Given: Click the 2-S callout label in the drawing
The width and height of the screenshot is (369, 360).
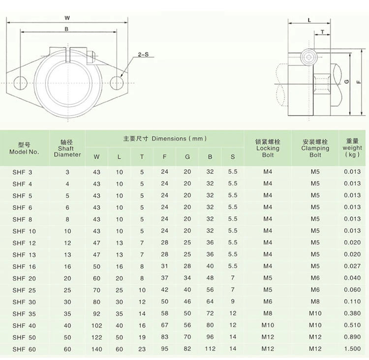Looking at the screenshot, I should point(144,55).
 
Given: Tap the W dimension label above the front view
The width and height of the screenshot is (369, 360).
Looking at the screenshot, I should point(67,18).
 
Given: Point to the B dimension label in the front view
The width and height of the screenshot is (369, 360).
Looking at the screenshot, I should point(66,29).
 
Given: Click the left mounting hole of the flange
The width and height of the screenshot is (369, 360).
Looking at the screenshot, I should point(21,81).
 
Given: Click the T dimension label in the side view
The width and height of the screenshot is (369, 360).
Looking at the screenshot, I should point(322,32).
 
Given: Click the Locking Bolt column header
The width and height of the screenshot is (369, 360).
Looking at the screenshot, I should point(268,148).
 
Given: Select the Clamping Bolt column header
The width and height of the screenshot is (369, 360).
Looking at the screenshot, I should point(315,148).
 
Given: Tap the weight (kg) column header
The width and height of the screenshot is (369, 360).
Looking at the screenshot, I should point(352,148).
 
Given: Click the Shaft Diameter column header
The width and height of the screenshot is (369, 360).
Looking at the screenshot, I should point(67,148).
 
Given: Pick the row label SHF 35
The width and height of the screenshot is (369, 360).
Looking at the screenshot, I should point(22,314).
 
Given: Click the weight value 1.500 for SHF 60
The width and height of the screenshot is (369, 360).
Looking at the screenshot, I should point(352,349).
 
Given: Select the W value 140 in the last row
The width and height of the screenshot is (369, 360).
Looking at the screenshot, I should point(96,349).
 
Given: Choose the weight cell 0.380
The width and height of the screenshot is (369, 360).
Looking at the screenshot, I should point(352,314).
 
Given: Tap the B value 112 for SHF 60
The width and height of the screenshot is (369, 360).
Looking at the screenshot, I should point(210,349).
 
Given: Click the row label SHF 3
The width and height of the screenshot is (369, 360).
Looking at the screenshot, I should point(22,172).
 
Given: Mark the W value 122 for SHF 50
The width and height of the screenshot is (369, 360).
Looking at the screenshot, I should point(96,337).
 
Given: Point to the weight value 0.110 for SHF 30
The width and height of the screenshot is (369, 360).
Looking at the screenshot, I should point(352,302).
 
